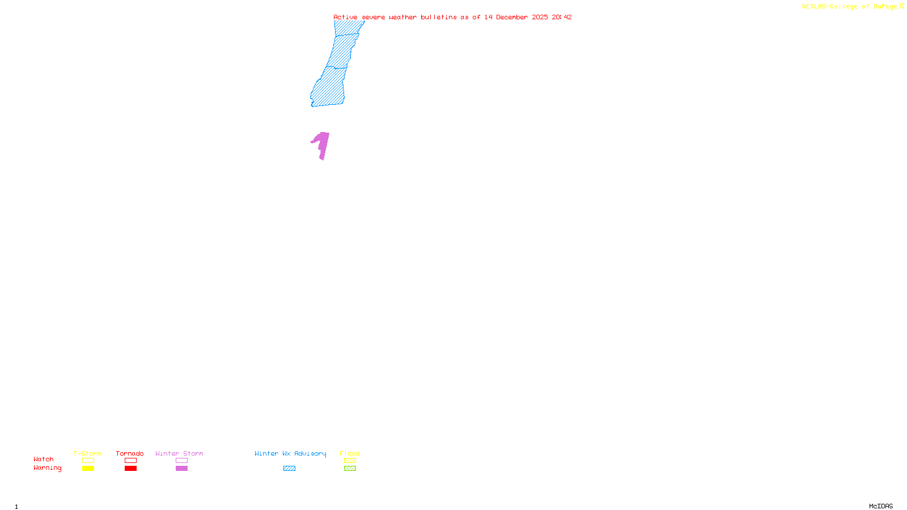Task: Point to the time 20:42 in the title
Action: [561, 18]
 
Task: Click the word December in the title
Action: [512, 18]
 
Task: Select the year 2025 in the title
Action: [540, 18]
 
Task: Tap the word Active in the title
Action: [345, 18]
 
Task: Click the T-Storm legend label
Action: [87, 453]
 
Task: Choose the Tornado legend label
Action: [130, 453]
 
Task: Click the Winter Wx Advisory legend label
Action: [290, 453]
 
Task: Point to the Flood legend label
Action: [350, 453]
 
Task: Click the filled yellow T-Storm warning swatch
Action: [88, 469]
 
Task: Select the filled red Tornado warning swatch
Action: [131, 469]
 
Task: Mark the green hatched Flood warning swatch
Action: [350, 469]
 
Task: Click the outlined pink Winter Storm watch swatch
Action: [181, 461]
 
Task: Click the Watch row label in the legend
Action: [44, 460]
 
